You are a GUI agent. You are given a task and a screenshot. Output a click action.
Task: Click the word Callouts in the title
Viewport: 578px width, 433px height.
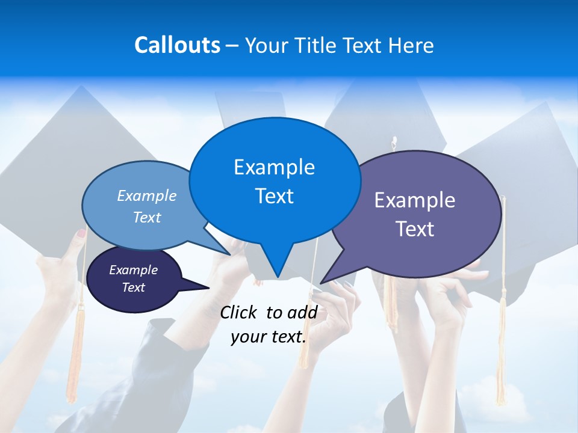(x=177, y=45)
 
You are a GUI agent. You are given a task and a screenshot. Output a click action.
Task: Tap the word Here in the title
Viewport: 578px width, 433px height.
(x=412, y=45)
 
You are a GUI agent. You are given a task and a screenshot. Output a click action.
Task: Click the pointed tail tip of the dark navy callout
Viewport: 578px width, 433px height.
(x=208, y=287)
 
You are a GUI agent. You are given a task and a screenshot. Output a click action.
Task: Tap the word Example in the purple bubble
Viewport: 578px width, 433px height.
(x=415, y=200)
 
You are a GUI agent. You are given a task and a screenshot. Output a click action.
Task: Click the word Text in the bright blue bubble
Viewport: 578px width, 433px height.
(x=275, y=196)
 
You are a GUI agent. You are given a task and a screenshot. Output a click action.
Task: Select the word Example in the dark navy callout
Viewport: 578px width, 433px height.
(x=134, y=270)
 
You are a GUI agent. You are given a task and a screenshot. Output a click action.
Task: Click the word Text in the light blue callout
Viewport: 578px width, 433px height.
(x=147, y=217)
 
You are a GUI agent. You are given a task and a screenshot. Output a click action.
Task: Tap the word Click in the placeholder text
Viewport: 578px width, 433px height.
(x=238, y=312)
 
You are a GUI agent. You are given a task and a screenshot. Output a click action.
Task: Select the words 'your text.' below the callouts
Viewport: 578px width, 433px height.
(x=269, y=337)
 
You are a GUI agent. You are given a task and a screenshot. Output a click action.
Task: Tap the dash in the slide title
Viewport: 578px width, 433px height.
(x=233, y=45)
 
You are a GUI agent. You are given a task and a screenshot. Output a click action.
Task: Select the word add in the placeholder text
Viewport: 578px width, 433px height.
(x=303, y=312)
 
